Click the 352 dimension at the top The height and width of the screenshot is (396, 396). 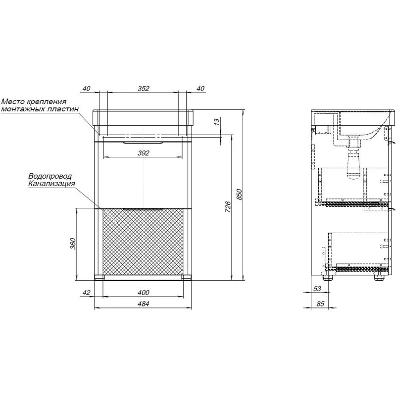143,89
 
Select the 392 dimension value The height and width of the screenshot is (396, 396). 143,153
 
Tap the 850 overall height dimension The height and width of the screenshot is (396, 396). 239,194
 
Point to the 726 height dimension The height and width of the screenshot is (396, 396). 228,206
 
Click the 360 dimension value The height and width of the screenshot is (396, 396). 73,244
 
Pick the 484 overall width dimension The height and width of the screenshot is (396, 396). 143,304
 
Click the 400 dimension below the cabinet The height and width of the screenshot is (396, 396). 143,293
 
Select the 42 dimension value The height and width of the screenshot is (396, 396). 86,293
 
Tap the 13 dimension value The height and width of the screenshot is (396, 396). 217,122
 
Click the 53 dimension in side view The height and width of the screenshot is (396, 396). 317,289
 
